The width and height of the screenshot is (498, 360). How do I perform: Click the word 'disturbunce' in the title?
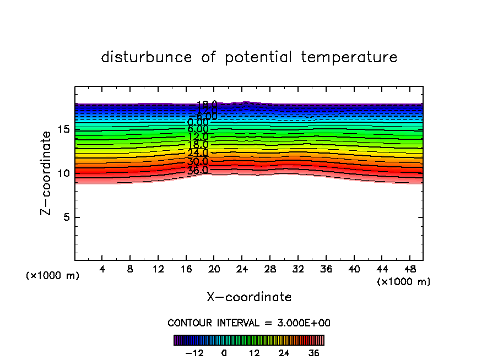coord(147,57)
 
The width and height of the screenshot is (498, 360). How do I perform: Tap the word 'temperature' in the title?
coord(349,57)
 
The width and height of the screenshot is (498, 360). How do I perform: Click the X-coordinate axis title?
coord(249,297)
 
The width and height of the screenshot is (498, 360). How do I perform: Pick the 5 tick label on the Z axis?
coord(65,217)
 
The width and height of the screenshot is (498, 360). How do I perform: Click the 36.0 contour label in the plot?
coord(197,170)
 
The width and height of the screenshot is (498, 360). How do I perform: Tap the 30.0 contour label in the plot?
coord(197,162)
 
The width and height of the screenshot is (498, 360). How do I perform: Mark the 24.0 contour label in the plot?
coord(197,153)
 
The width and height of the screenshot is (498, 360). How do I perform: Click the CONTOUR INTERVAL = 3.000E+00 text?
coord(249,323)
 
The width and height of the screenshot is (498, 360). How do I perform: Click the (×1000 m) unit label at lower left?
coord(53,276)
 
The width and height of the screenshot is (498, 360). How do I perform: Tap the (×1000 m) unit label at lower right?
coord(404,281)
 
